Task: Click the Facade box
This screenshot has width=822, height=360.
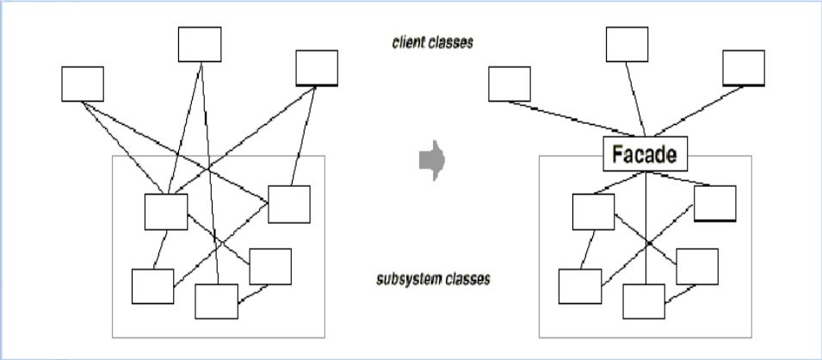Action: (645, 154)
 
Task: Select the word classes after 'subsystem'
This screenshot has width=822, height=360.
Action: (468, 280)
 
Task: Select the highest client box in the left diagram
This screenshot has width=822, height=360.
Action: (200, 44)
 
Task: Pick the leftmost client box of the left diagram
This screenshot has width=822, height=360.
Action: (83, 84)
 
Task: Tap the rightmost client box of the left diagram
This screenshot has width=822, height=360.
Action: (317, 68)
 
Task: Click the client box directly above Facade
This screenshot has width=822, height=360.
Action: (627, 44)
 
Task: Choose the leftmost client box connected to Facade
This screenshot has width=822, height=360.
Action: (510, 84)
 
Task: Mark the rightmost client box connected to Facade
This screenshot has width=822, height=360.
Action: (744, 68)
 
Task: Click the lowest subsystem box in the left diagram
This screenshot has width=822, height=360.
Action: (216, 301)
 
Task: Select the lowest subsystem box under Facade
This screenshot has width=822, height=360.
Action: (644, 301)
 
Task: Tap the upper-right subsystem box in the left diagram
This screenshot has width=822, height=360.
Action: (288, 203)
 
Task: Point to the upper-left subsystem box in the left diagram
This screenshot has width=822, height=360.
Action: (166, 212)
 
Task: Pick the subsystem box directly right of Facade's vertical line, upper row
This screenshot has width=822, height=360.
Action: (715, 203)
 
